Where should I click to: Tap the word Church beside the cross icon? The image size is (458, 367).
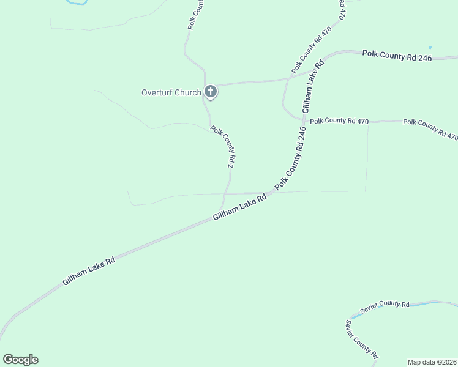pos(187,93)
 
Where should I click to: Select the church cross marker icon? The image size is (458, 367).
pos(210,92)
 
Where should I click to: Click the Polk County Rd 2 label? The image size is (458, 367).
pos(223,147)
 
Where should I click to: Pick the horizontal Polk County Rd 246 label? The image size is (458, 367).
pos(397,56)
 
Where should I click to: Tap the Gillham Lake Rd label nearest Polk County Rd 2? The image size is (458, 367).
pos(240,209)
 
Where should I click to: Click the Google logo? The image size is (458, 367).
pos(20,360)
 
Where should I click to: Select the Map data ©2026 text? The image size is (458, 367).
pos(431,361)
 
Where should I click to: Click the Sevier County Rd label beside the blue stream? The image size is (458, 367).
pos(384,307)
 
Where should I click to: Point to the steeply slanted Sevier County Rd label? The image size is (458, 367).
pos(361,338)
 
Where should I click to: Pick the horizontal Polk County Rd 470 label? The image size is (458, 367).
pos(339,121)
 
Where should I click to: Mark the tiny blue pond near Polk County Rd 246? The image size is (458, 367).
pos(430,48)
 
